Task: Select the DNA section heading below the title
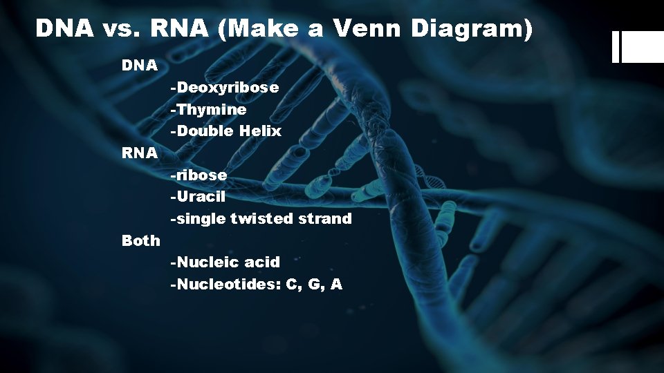tap(140, 66)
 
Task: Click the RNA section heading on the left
tap(140, 153)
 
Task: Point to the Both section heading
tap(140, 240)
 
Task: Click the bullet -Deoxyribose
tap(225, 88)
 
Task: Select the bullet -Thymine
tap(208, 109)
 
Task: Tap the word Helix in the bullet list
tap(261, 131)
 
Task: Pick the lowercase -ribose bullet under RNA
tap(199, 175)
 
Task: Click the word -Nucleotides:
tap(225, 285)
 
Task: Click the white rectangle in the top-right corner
tap(641, 47)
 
